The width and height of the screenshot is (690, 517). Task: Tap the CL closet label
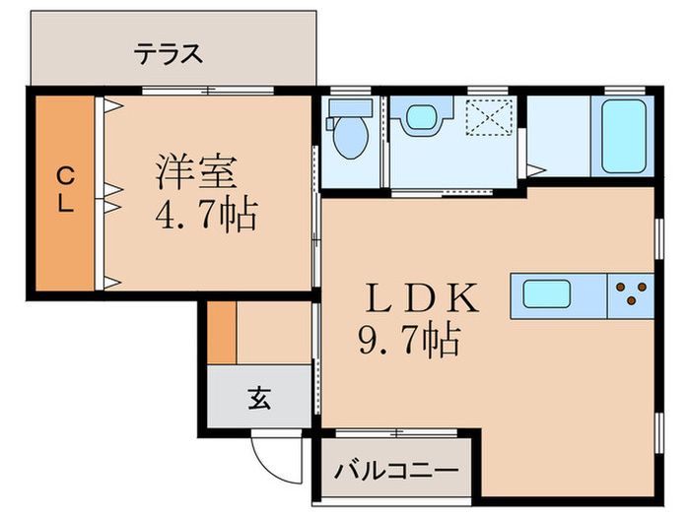64,190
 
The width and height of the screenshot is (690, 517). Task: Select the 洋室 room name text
194,173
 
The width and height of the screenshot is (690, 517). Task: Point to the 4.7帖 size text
206,214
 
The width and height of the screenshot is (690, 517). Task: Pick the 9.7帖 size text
406,341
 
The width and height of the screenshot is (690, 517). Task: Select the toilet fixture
349,135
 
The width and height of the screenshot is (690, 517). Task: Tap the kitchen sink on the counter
543,294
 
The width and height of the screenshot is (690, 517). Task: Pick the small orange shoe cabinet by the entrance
224,332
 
